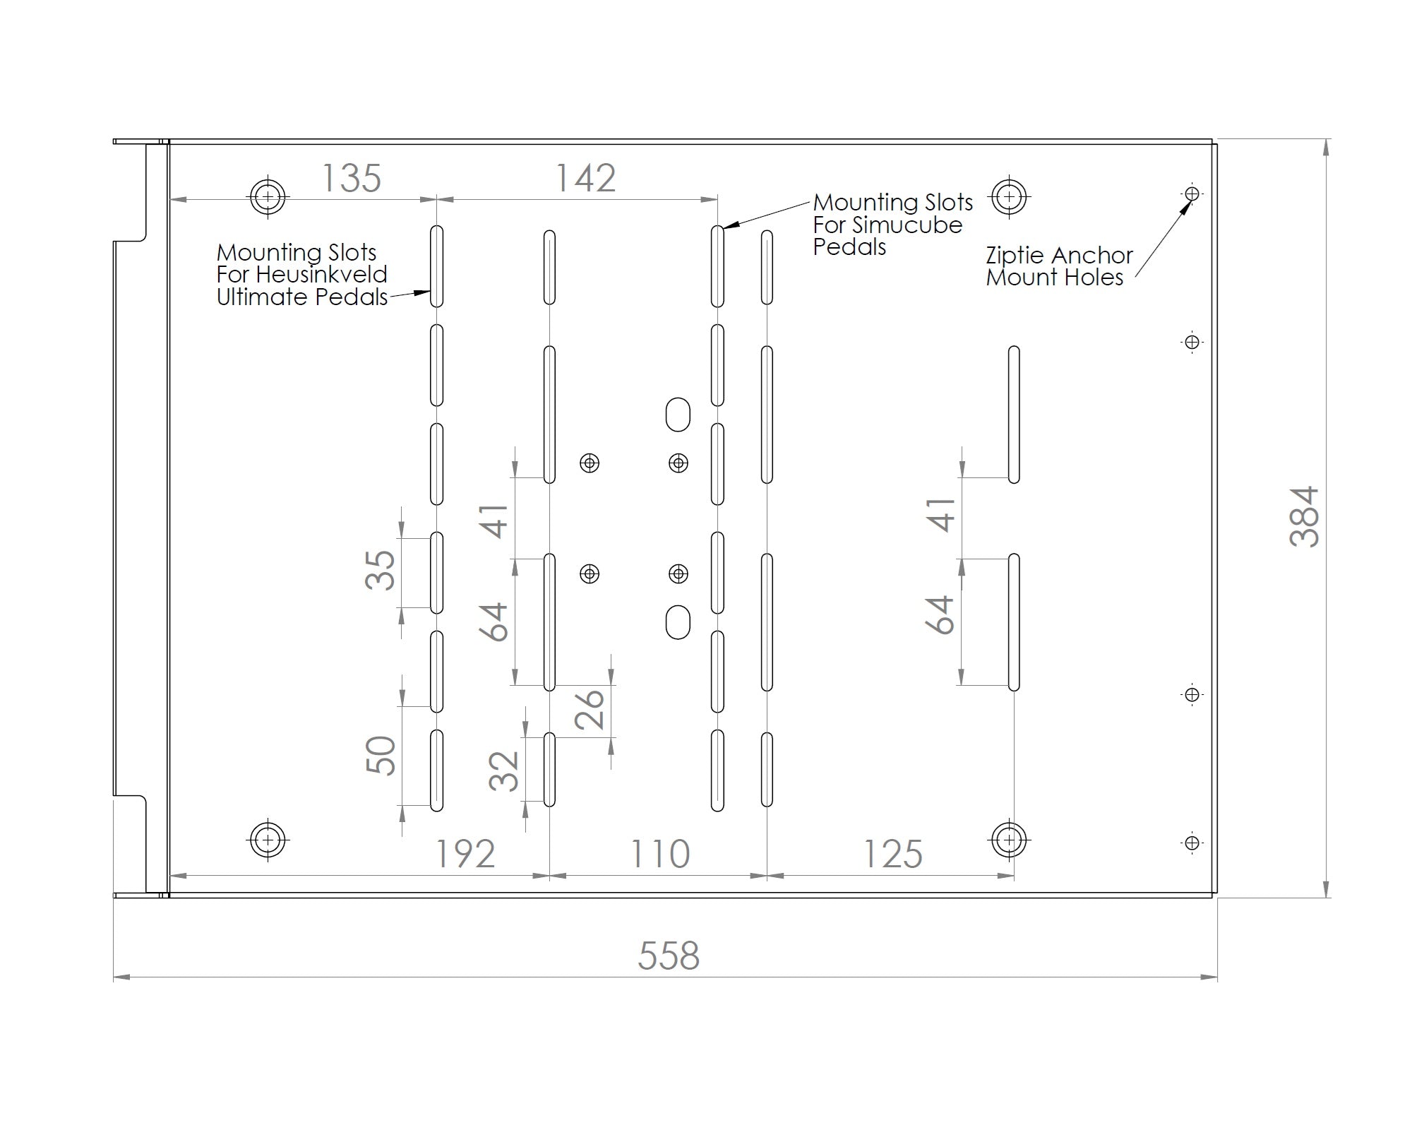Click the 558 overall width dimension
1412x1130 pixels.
coord(669,956)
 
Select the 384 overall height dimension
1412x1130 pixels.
coord(1304,516)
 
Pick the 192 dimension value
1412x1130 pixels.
coord(465,854)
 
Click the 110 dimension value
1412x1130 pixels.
coord(659,854)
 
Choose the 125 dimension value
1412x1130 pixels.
coord(893,854)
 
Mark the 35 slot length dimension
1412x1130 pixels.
coord(380,570)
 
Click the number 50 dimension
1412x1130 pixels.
coord(381,755)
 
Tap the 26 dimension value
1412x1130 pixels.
coord(590,708)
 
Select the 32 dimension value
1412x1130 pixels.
coord(504,771)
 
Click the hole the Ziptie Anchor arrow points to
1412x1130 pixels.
coord(1192,194)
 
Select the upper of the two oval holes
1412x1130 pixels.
coord(678,415)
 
